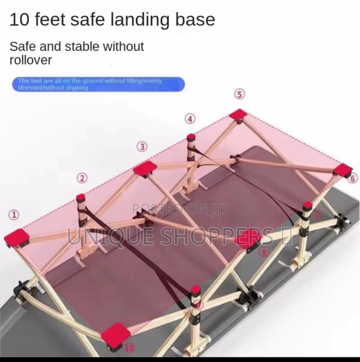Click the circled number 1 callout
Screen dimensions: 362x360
tap(13, 215)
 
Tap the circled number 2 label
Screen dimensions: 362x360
tap(82, 178)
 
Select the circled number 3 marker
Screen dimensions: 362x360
tap(142, 146)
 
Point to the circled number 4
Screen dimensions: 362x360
tap(190, 119)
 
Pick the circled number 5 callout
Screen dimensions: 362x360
tap(239, 94)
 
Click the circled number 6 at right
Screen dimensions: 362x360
tap(353, 179)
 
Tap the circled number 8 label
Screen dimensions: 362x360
tap(264, 252)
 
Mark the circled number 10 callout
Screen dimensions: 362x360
tap(129, 348)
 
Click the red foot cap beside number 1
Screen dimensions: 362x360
tap(17, 237)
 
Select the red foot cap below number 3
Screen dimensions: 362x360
tap(145, 169)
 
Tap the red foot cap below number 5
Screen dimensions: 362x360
tap(238, 114)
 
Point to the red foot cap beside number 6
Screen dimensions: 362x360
tap(343, 170)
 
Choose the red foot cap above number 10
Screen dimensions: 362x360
tap(115, 334)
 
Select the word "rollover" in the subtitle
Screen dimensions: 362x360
tap(31, 60)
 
